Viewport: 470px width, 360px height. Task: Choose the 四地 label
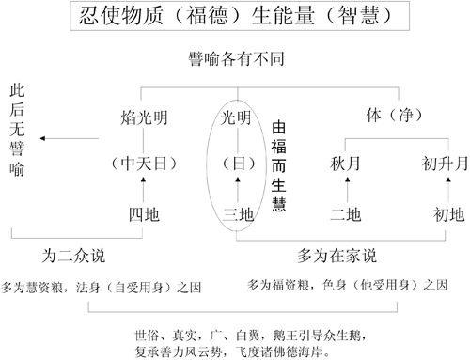[x=145, y=215]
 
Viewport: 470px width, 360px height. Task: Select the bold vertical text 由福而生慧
[x=277, y=166]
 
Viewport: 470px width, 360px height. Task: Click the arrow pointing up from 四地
[x=145, y=191]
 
